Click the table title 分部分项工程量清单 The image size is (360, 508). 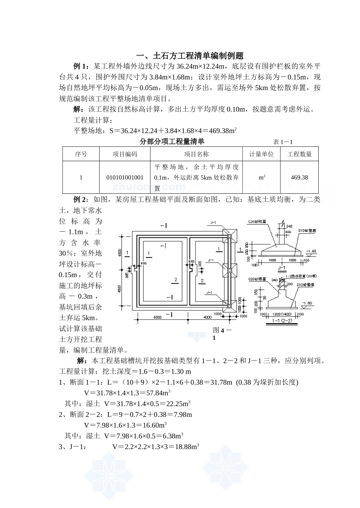[172, 142]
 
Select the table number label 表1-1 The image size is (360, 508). [283, 142]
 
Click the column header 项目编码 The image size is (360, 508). [125, 154]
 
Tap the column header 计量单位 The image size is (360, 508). [261, 154]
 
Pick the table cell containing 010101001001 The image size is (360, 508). [125, 177]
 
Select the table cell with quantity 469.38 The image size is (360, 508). [299, 177]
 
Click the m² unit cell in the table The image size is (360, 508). [261, 177]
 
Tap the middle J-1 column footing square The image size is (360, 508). [229, 270]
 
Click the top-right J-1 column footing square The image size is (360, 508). [229, 236]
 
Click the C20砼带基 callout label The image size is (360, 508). [257, 279]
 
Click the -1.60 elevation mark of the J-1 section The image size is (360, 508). [311, 251]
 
